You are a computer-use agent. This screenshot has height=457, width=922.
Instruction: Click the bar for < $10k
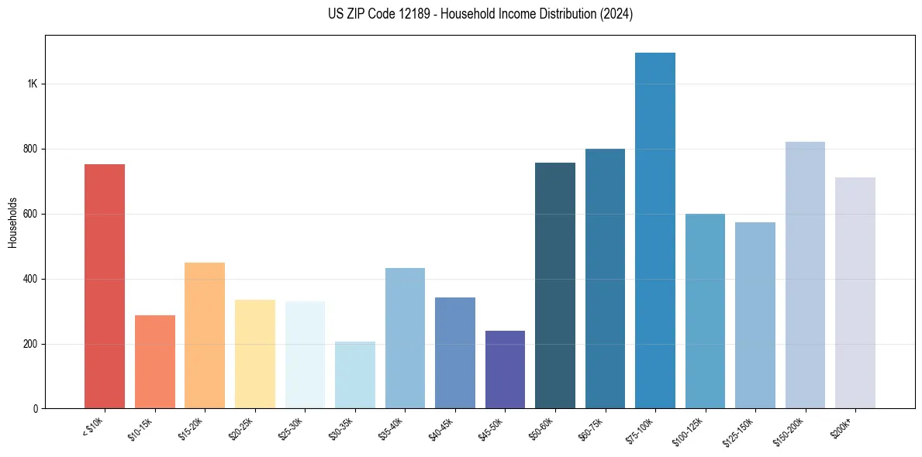pyautogui.click(x=105, y=287)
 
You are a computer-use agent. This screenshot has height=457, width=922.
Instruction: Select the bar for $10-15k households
pyautogui.click(x=155, y=362)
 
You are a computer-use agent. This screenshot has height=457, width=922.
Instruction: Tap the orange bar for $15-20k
pyautogui.click(x=205, y=335)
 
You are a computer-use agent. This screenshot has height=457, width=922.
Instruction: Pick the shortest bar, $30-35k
pyautogui.click(x=355, y=375)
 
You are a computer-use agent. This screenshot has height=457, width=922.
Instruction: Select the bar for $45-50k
pyautogui.click(x=505, y=369)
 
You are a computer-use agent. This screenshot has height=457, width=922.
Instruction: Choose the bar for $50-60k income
pyautogui.click(x=555, y=286)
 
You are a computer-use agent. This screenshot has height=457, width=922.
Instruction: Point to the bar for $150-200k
pyautogui.click(x=805, y=275)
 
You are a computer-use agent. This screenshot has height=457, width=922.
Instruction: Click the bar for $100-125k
pyautogui.click(x=705, y=311)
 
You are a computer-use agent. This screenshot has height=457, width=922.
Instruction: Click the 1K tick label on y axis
pyautogui.click(x=32, y=84)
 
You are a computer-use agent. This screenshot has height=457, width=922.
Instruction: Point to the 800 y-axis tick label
pyautogui.click(x=29, y=149)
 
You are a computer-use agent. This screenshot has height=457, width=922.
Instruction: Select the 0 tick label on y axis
pyautogui.click(x=35, y=409)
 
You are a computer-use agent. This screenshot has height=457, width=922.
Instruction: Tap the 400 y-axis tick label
pyautogui.click(x=29, y=279)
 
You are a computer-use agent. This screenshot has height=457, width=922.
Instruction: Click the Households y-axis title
pyautogui.click(x=12, y=222)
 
